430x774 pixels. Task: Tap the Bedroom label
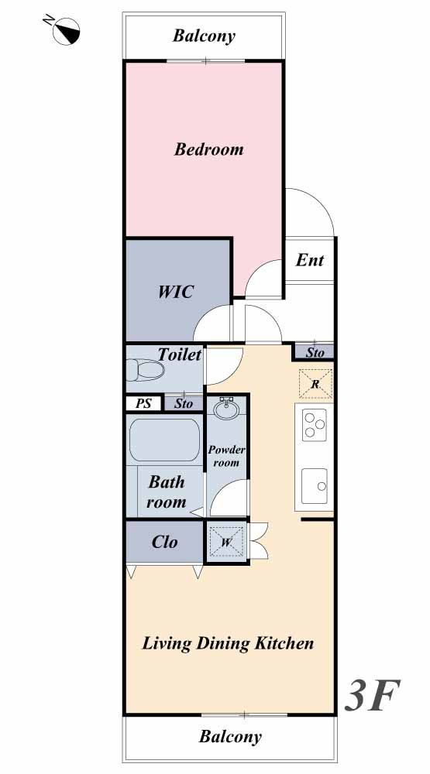tap(208, 149)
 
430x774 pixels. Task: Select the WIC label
tap(175, 292)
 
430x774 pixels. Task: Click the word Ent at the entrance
tap(310, 260)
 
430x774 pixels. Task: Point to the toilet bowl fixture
tap(144, 370)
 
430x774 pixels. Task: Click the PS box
tap(143, 403)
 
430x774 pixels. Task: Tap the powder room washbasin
tap(226, 409)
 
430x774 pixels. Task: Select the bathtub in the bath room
tap(164, 440)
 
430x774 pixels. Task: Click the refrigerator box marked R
tap(315, 384)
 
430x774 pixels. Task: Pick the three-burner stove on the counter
tap(315, 423)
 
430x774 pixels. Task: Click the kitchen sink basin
tap(315, 486)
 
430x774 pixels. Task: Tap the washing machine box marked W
tap(226, 542)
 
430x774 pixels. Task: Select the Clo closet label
tap(164, 542)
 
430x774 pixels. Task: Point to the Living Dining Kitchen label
tap(228, 644)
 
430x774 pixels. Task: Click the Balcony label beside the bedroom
tap(204, 36)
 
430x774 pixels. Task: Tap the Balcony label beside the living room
tap(230, 737)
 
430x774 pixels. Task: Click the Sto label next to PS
tap(184, 404)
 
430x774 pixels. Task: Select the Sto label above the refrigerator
tap(315, 352)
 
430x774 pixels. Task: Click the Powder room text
tap(226, 456)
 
